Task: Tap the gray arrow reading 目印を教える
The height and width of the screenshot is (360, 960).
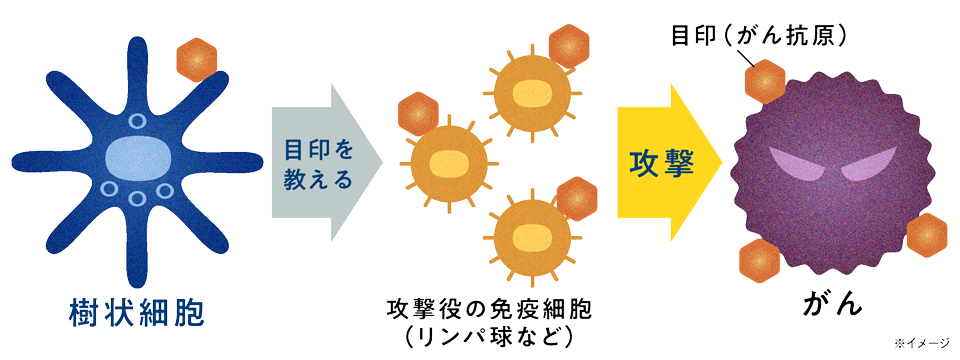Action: [322, 165]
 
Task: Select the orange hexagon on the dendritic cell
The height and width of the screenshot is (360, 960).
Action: [196, 60]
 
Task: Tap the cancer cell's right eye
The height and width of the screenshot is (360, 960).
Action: [866, 165]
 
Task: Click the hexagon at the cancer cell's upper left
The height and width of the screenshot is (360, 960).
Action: [766, 79]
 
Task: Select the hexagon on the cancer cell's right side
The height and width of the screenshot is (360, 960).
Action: [926, 234]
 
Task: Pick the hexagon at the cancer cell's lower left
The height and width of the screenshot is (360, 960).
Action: [760, 262]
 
